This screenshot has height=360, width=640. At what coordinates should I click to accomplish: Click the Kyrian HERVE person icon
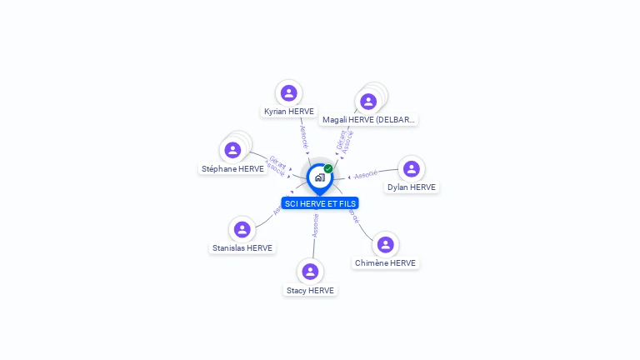pyautogui.click(x=288, y=92)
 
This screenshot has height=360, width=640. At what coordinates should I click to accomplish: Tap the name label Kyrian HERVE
pyautogui.click(x=289, y=111)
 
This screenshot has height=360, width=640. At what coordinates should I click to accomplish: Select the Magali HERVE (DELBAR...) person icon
pyautogui.click(x=367, y=102)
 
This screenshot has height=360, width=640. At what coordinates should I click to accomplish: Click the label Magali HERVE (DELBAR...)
pyautogui.click(x=368, y=120)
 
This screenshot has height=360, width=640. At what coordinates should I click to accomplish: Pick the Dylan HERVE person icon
pyautogui.click(x=411, y=169)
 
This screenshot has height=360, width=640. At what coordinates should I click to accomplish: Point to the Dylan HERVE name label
pyautogui.click(x=412, y=187)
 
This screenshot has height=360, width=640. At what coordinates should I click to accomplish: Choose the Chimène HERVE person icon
pyautogui.click(x=385, y=245)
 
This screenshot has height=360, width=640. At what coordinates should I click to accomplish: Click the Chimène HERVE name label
pyautogui.click(x=385, y=263)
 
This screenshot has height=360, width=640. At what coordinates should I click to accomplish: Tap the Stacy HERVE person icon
pyautogui.click(x=310, y=272)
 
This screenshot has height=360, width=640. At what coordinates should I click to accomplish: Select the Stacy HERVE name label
pyautogui.click(x=310, y=291)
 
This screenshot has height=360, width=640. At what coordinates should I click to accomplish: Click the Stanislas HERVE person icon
pyautogui.click(x=242, y=229)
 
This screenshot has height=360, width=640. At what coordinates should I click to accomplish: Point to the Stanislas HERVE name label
pyautogui.click(x=242, y=248)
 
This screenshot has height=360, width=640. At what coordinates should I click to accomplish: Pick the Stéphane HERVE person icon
pyautogui.click(x=232, y=150)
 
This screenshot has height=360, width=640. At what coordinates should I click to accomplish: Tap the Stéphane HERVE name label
pyautogui.click(x=232, y=169)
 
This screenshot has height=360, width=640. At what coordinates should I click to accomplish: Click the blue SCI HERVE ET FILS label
pyautogui.click(x=320, y=203)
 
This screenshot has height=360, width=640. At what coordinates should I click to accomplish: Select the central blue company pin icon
pyautogui.click(x=318, y=177)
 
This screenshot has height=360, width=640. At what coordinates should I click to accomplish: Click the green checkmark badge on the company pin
pyautogui.click(x=328, y=169)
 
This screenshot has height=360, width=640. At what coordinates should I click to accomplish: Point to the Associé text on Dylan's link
pyautogui.click(x=366, y=175)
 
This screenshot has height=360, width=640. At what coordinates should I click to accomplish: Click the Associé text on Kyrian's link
pyautogui.click(x=303, y=133)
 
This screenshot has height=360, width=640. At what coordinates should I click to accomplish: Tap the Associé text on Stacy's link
pyautogui.click(x=315, y=226)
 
